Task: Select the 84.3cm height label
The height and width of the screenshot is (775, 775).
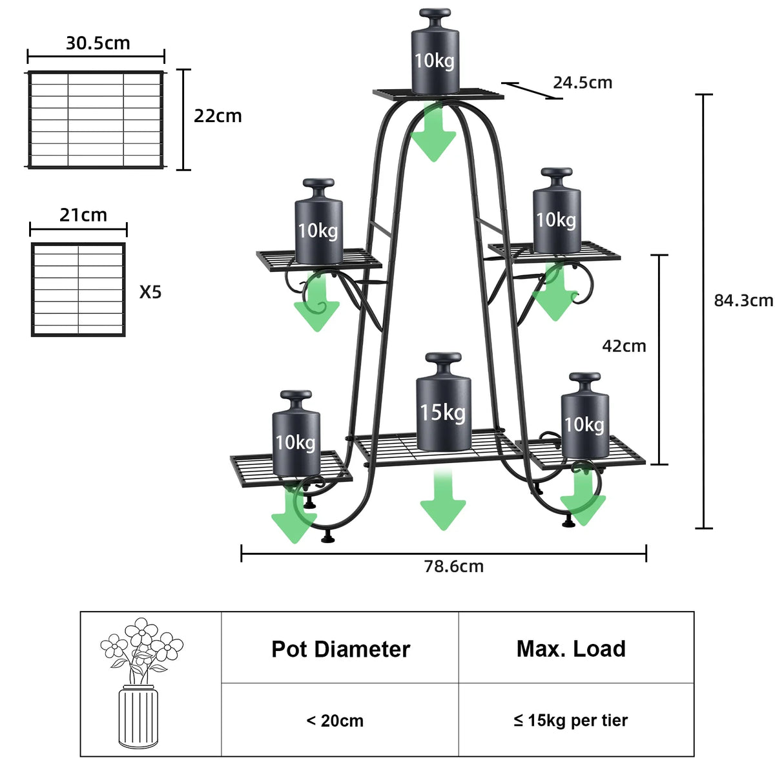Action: (x=743, y=300)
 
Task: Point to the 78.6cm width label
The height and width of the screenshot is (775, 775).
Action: (x=453, y=566)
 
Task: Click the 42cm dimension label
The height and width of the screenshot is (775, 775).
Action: (x=624, y=346)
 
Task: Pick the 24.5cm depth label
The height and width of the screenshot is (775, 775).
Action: (x=582, y=83)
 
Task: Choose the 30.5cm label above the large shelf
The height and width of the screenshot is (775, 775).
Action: (x=98, y=43)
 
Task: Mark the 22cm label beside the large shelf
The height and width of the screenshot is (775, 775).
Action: (x=218, y=116)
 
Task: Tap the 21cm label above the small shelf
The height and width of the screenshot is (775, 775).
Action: (x=83, y=215)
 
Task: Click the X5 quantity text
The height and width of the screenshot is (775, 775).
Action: (x=150, y=293)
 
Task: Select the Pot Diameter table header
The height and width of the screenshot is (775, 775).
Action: (x=340, y=649)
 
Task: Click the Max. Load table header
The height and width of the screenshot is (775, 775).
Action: (x=571, y=649)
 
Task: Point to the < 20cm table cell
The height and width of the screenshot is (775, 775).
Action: (x=335, y=721)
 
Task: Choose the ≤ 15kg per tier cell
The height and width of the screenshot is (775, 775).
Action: (x=571, y=721)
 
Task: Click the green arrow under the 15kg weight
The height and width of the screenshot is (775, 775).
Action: (x=442, y=501)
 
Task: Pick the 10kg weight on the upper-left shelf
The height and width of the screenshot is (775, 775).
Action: (x=318, y=223)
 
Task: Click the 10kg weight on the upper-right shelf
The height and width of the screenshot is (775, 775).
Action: (x=556, y=213)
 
